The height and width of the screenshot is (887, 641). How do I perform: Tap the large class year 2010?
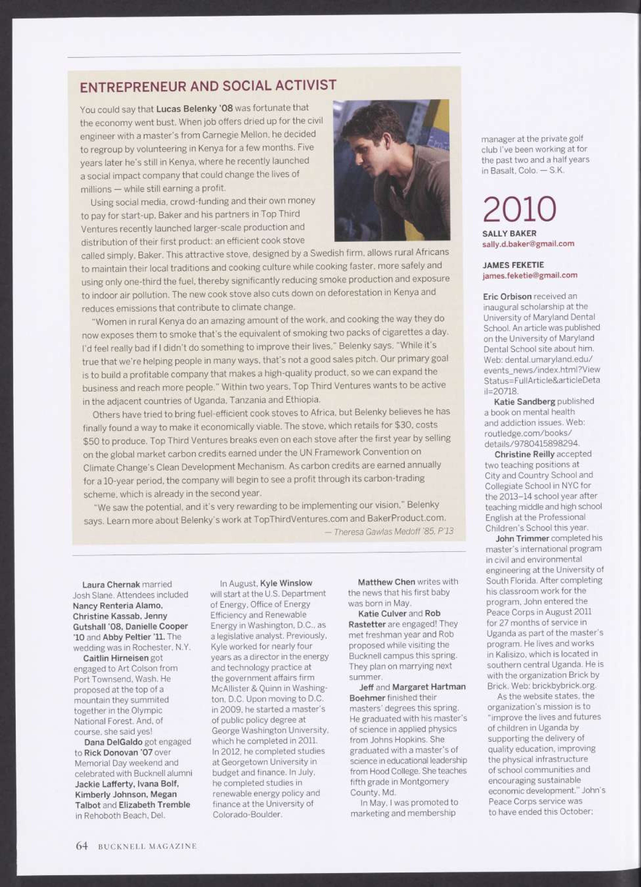point(519,210)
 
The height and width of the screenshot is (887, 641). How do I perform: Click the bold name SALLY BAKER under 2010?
point(509,234)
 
